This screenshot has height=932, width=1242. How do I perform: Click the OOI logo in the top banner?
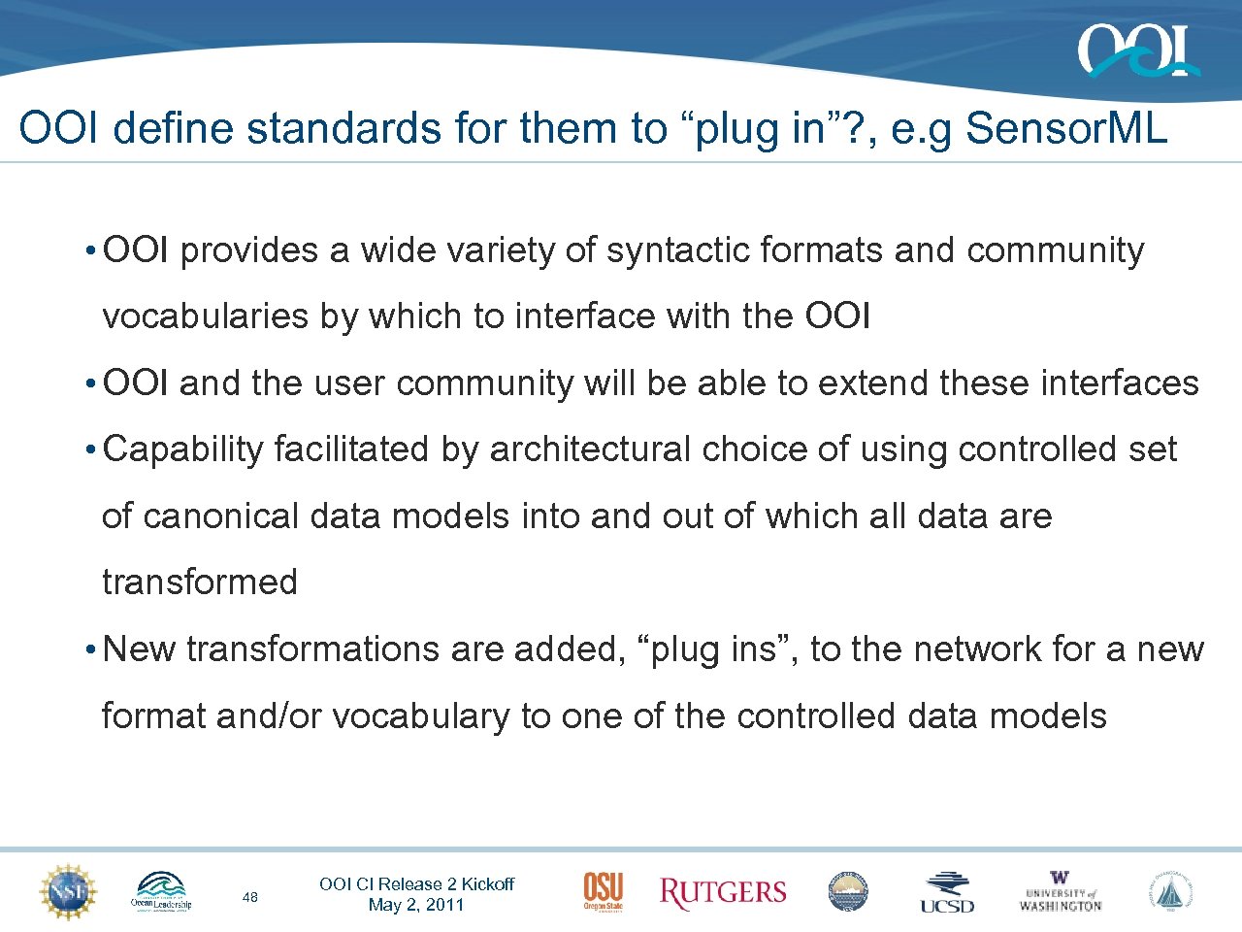[x=1137, y=50]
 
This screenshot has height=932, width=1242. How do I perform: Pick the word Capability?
[x=183, y=449]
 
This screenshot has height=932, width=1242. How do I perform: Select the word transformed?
[x=200, y=582]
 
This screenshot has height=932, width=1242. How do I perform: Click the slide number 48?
[x=250, y=897]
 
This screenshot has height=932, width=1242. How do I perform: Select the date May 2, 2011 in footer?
[x=416, y=905]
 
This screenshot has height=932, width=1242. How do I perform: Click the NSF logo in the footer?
[x=68, y=891]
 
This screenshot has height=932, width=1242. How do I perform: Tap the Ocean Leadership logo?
[x=161, y=891]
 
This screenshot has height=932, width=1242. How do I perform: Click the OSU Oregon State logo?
[x=603, y=891]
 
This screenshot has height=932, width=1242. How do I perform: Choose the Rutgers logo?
[x=723, y=893]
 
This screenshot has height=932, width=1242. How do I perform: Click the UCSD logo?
[x=947, y=892]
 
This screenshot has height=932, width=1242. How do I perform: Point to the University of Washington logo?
[x=1060, y=892]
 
